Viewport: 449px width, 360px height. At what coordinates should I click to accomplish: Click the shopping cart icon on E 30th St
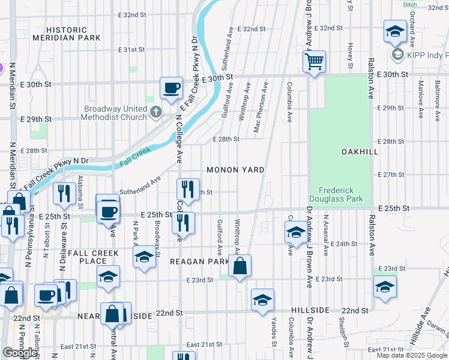pos(314,61)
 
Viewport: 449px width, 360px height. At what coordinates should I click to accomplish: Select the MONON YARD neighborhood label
pos(235,170)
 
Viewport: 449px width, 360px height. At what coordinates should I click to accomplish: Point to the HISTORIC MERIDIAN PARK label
pos(74,34)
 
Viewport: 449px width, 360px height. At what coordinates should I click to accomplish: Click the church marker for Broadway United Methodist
pos(155,112)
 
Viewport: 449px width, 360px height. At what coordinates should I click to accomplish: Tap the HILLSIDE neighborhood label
pos(310,310)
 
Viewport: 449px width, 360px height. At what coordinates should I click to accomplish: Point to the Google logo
pos(20,353)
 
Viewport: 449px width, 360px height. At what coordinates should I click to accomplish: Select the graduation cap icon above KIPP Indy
pos(395,32)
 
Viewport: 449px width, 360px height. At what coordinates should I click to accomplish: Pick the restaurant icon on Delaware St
pos(62,193)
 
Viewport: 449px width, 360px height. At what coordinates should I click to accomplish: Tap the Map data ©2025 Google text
pos(411,355)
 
